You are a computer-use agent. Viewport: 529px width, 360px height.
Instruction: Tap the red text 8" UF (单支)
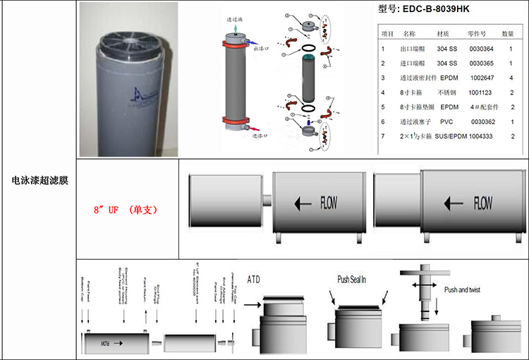pyautogui.click(x=125, y=210)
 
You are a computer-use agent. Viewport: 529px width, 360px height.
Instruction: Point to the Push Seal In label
pyautogui.click(x=353, y=279)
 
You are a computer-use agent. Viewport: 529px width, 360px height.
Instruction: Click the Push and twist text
pyautogui.click(x=466, y=290)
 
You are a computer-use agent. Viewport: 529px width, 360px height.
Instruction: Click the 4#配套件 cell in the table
pyautogui.click(x=485, y=107)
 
